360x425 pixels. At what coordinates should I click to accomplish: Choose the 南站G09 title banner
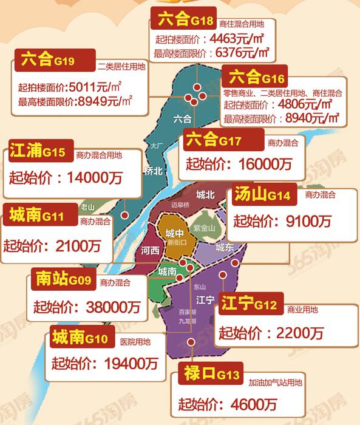(x=64, y=280)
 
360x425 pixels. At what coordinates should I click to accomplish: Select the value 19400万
(x=129, y=364)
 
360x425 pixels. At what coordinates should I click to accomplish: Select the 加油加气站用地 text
(x=274, y=383)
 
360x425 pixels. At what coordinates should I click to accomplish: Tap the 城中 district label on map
(x=175, y=233)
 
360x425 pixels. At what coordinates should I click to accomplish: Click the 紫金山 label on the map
(x=204, y=228)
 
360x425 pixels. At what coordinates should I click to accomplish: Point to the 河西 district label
(x=150, y=251)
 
